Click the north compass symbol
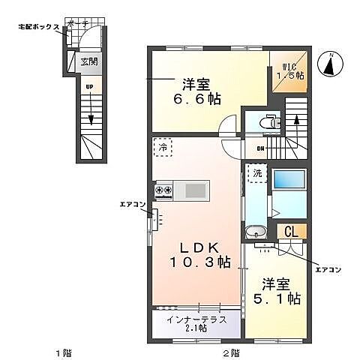330,65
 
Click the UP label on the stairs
88,88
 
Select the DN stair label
260,148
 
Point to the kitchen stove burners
163,190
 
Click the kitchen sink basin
193,190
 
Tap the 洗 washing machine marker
256,174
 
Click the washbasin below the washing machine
256,232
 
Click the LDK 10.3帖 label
197,253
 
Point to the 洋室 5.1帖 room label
280,291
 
